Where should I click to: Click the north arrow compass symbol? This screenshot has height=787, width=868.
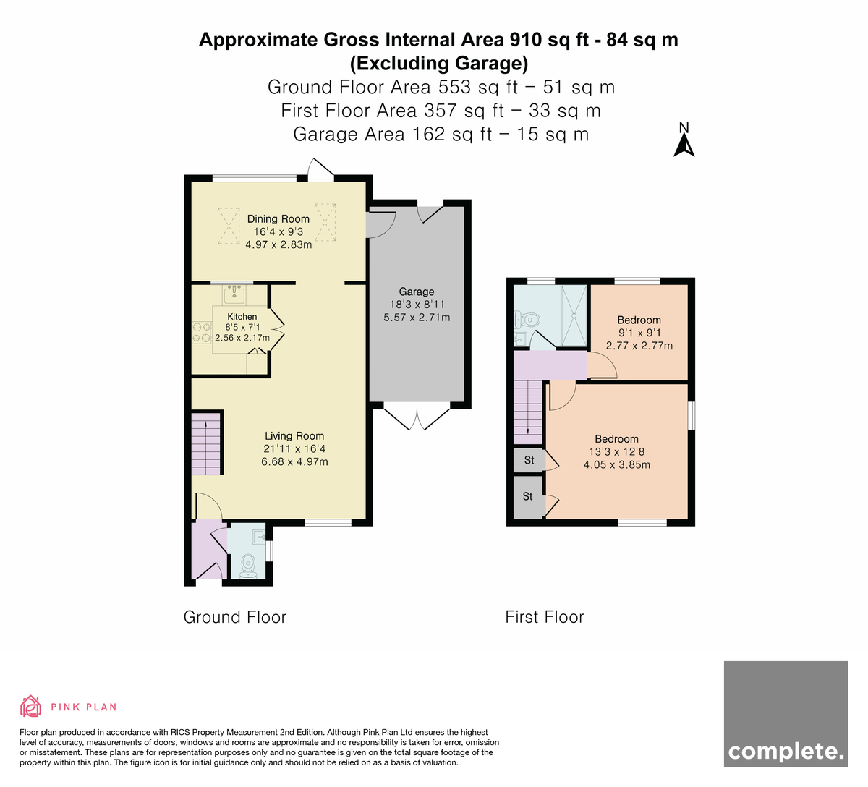pyautogui.click(x=684, y=140)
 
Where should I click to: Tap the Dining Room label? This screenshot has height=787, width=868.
pyautogui.click(x=278, y=219)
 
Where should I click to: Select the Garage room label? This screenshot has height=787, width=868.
pyautogui.click(x=417, y=292)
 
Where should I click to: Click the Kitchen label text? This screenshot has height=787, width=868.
pyautogui.click(x=242, y=316)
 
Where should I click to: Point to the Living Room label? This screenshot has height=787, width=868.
pyautogui.click(x=294, y=436)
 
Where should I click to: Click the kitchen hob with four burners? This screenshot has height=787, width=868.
pyautogui.click(x=202, y=333)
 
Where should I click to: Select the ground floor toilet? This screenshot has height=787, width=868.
pyautogui.click(x=248, y=566)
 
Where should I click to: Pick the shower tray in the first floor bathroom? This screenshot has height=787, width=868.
pyautogui.click(x=574, y=315)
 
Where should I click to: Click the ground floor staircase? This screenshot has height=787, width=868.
pyautogui.click(x=206, y=443)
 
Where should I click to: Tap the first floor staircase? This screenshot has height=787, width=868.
pyautogui.click(x=528, y=412)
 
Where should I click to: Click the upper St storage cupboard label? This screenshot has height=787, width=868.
pyautogui.click(x=529, y=460)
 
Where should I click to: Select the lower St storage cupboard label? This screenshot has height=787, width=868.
pyautogui.click(x=527, y=496)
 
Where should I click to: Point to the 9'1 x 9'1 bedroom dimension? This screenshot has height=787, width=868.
pyautogui.click(x=639, y=333)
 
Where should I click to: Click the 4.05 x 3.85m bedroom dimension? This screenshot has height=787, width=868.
pyautogui.click(x=617, y=465)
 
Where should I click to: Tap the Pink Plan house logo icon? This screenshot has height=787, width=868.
pyautogui.click(x=30, y=707)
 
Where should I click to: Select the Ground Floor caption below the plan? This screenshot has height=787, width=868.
pyautogui.click(x=235, y=617)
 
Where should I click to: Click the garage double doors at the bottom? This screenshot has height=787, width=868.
pyautogui.click(x=417, y=419)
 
